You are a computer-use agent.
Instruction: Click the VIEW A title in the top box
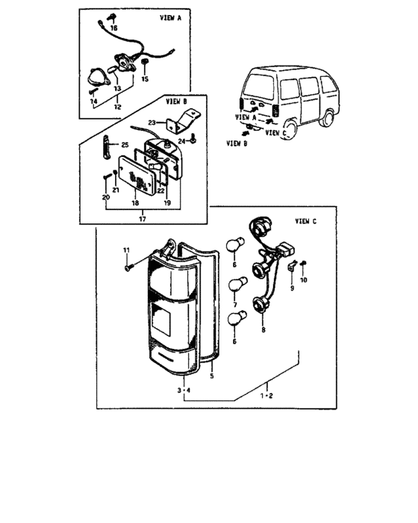point(170,18)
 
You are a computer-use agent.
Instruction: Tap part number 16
point(113,28)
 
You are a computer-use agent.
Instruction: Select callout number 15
point(145,79)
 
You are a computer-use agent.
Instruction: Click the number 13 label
point(117,88)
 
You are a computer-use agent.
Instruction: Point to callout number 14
point(93,101)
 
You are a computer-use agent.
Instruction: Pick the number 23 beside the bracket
point(152,123)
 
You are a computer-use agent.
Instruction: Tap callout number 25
point(125,145)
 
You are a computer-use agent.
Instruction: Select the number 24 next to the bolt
point(181,141)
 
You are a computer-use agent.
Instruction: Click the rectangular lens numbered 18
point(137,174)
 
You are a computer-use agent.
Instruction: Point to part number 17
point(143,219)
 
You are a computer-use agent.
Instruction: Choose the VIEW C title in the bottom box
point(306,221)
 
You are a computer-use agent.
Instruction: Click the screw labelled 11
point(128,267)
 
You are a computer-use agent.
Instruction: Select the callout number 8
point(263,330)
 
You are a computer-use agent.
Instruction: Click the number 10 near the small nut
point(303,280)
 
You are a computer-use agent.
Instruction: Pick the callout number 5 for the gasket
point(212,377)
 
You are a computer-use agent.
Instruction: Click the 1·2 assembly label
point(266,396)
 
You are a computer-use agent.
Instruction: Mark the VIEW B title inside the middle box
point(176,101)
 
